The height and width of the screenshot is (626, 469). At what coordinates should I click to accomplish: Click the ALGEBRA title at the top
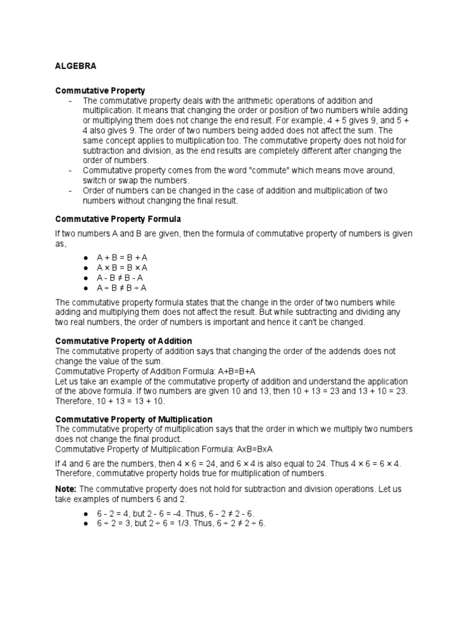76,65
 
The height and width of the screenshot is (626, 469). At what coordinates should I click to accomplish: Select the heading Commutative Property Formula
118,218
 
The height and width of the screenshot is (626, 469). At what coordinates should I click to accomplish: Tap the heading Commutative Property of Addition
124,341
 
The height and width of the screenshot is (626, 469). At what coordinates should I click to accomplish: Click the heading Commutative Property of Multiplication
134,419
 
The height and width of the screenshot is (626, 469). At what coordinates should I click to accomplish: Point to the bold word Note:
66,490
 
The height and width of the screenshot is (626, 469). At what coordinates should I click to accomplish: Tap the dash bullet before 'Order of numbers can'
72,191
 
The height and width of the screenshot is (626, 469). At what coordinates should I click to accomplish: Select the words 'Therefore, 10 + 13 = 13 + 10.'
110,401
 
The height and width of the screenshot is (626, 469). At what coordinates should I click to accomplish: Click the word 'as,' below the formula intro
60,243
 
